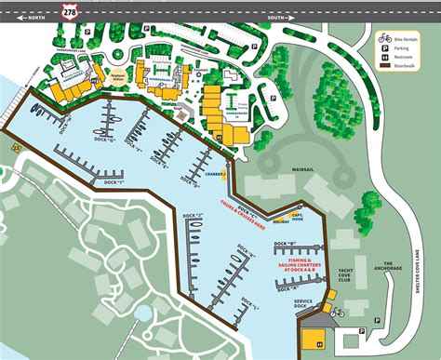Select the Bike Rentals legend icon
point(383,38)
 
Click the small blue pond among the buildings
point(142,313)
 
